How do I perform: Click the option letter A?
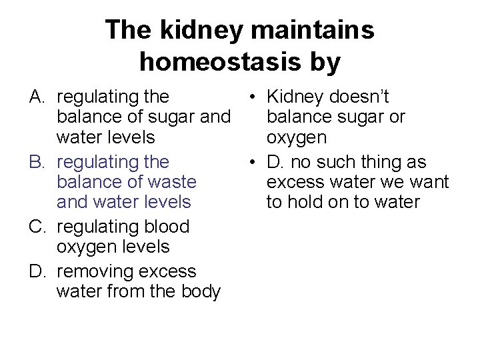pos(38,97)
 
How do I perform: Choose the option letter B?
pos(38,162)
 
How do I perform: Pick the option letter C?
pos(38,227)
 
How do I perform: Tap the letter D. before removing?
pos(38,271)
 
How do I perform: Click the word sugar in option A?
pos(164,118)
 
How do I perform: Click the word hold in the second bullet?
pos(307,202)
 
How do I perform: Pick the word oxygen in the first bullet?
pos(297,138)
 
